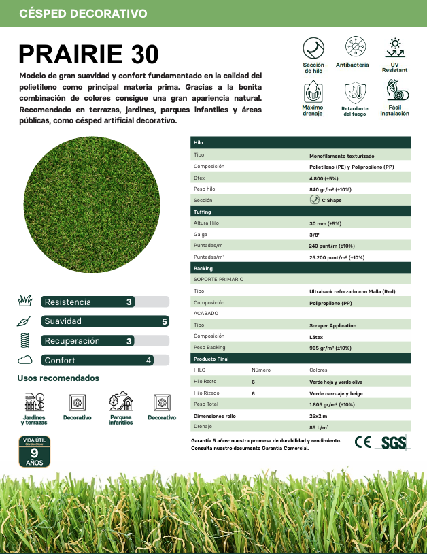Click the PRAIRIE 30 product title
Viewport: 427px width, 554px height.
click(88, 54)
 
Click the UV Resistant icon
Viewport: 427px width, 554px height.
click(394, 48)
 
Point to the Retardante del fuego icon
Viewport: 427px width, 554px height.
click(354, 91)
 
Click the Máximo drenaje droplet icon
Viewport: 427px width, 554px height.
click(313, 91)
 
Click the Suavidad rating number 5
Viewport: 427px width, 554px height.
click(164, 321)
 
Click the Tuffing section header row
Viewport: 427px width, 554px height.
click(301, 212)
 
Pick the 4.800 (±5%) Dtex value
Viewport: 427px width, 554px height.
click(325, 178)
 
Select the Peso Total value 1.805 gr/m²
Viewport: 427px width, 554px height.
click(332, 404)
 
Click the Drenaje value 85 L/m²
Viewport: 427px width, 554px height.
click(319, 427)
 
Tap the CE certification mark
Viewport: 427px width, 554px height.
click(363, 442)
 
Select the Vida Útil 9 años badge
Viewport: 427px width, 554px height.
click(33, 452)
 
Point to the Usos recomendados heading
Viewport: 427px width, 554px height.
click(58, 378)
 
